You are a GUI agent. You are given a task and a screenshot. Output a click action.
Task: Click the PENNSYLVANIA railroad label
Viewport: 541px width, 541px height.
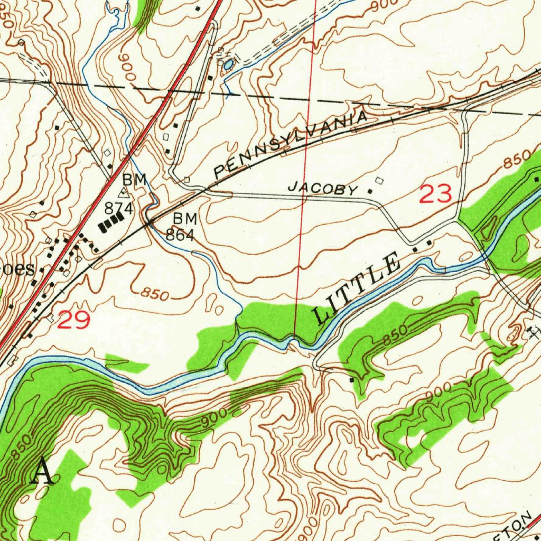pos(290,142)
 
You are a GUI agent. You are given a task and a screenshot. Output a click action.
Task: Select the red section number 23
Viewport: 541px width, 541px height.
pos(436,194)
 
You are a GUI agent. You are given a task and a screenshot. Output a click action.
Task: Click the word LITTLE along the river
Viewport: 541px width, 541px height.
pos(357,288)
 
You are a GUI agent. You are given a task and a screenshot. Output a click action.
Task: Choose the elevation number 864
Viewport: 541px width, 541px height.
pos(180,235)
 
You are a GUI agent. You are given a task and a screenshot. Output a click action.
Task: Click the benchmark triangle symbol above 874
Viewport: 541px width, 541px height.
pos(124,193)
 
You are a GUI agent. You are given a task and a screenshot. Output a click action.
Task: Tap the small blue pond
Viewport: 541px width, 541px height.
pos(228,66)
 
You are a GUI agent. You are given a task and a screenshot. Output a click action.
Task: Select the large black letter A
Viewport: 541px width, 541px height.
pos(42,472)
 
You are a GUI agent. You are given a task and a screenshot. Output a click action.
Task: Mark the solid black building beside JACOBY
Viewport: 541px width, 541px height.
pos(369,191)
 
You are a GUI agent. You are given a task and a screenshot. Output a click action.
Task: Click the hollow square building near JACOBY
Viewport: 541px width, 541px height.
pos(378,181)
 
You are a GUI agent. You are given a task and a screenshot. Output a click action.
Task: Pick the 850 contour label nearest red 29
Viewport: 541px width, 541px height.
pos(155,295)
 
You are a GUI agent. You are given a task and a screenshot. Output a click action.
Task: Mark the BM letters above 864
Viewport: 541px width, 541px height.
pos(185,218)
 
